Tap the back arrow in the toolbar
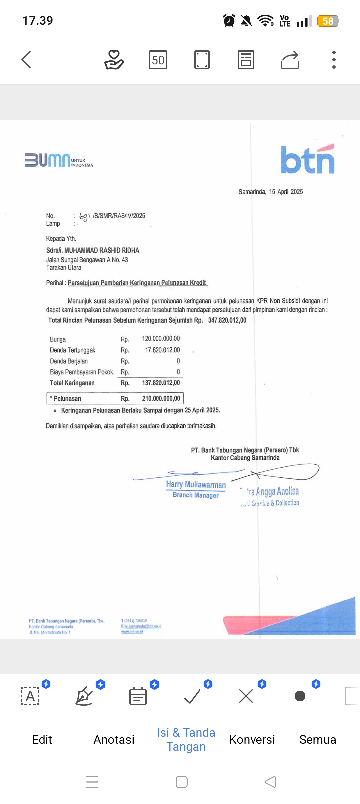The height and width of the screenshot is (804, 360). pyautogui.click(x=26, y=60)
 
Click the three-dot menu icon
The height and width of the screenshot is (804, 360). pyautogui.click(x=334, y=60)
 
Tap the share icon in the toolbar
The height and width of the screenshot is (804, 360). pyautogui.click(x=290, y=60)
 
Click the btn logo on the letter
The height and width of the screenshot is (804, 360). pyautogui.click(x=307, y=160)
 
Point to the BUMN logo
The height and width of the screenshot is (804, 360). pyautogui.click(x=59, y=160)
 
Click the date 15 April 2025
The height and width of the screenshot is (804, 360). pyautogui.click(x=286, y=192)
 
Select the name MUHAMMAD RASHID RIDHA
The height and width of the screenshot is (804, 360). pyautogui.click(x=102, y=250)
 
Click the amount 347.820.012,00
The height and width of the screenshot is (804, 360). pyautogui.click(x=227, y=320)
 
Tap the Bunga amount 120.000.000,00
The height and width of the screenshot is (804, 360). pyautogui.click(x=161, y=339)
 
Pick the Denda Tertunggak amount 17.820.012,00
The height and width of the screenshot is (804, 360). pyautogui.click(x=162, y=350)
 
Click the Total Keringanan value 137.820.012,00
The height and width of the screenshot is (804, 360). pyautogui.click(x=161, y=383)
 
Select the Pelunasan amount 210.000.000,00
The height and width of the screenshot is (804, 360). pyautogui.click(x=161, y=398)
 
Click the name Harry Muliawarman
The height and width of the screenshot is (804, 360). pyautogui.click(x=196, y=484)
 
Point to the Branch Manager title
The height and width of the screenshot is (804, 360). pyautogui.click(x=196, y=495)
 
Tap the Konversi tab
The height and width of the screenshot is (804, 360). pyautogui.click(x=252, y=739)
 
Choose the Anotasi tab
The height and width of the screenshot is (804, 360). pyautogui.click(x=114, y=739)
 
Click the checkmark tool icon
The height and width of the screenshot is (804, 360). pyautogui.click(x=192, y=696)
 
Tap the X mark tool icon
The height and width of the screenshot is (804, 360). pyautogui.click(x=246, y=696)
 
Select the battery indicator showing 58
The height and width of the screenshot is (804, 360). pyautogui.click(x=328, y=21)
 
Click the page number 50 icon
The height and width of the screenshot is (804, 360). pyautogui.click(x=158, y=60)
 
